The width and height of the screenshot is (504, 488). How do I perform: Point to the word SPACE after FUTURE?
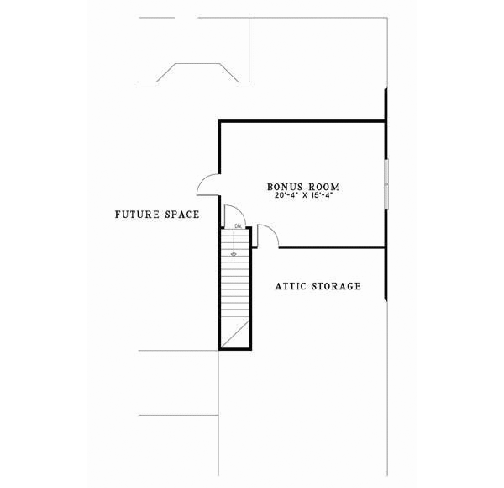181,215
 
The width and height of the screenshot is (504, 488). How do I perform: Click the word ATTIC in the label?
294,286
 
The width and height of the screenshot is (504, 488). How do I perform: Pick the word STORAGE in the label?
338,286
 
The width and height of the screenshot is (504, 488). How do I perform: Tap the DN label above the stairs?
239,227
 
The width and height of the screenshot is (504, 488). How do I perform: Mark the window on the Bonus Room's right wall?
386,183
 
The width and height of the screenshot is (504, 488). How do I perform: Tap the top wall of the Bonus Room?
302,121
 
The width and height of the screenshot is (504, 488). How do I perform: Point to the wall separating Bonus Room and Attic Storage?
332,247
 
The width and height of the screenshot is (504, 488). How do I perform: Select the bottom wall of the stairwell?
236,347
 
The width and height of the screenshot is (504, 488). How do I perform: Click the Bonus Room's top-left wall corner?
220,122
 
